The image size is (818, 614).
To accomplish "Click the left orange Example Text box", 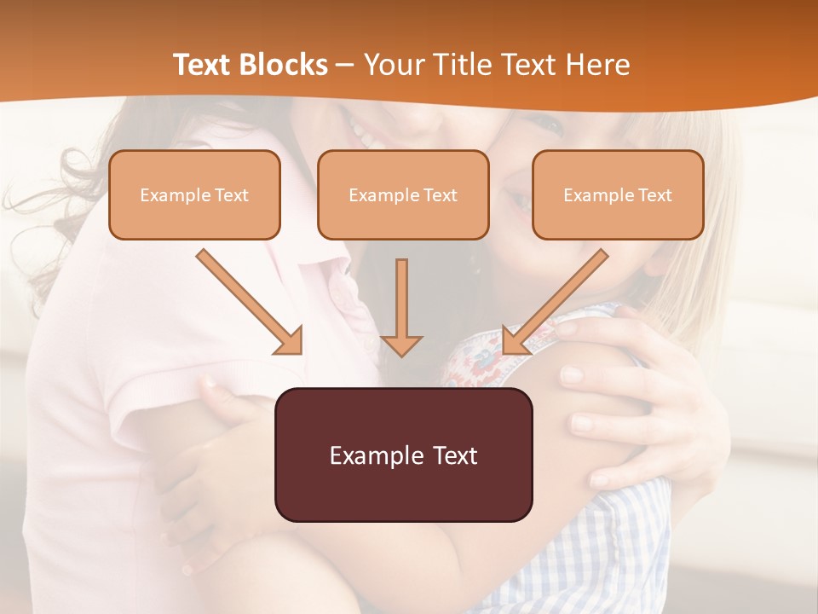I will (x=194, y=194).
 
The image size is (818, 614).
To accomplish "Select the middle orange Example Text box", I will (x=403, y=194).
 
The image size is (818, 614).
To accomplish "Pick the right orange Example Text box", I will (x=618, y=194).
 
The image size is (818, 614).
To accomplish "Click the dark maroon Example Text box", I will (x=403, y=455).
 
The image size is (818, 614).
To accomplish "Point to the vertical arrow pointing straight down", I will (x=401, y=307).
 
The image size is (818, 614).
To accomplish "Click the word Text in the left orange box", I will (x=232, y=195).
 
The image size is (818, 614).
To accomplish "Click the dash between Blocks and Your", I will (x=345, y=66).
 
